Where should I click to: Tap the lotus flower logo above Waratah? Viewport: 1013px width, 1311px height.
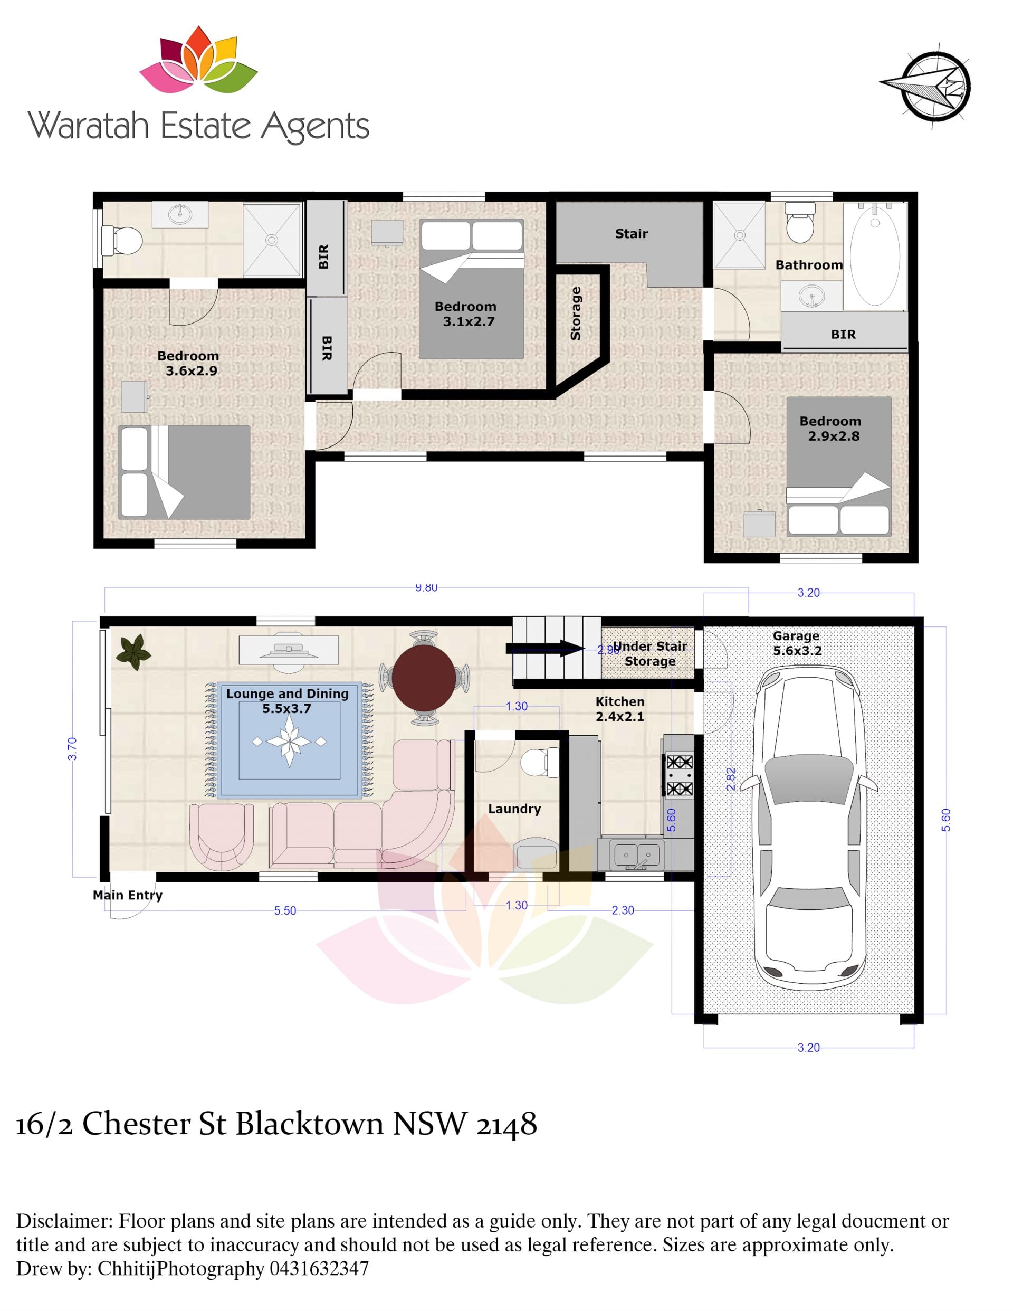point(198,60)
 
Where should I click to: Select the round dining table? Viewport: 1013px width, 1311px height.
point(424,678)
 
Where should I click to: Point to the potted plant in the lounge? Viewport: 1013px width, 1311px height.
point(133,652)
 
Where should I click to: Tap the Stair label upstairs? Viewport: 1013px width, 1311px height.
point(632,233)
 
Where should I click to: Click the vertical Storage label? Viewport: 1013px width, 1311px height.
point(576,313)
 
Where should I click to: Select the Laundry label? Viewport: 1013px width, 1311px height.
point(514,809)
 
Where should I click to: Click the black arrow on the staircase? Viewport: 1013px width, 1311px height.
point(545,648)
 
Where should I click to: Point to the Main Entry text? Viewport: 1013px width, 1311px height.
point(127,895)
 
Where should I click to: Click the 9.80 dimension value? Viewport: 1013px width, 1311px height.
point(426,587)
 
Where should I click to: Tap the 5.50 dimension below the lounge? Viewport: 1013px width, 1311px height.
point(285,910)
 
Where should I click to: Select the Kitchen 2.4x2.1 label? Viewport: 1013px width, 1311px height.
point(620,709)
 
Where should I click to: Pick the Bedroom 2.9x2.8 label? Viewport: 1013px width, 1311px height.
point(830,429)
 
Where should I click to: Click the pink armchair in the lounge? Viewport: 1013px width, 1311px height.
point(222,837)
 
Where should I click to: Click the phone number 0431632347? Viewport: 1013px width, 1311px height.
point(319,1268)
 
